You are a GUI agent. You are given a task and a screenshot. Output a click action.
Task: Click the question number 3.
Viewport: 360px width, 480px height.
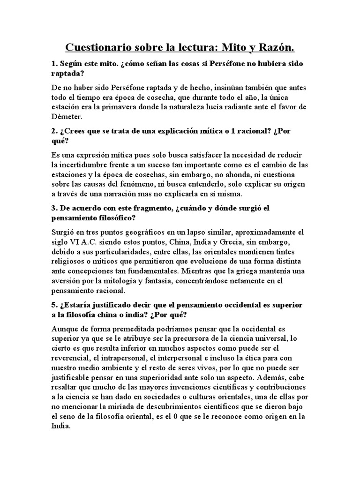[x=54, y=207]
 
